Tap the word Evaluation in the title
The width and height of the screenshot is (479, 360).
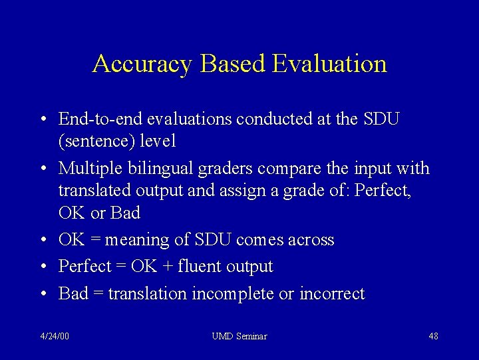pyautogui.click(x=328, y=64)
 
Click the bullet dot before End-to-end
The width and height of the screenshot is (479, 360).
pyautogui.click(x=42, y=120)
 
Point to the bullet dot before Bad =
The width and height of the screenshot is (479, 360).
pyautogui.click(x=42, y=294)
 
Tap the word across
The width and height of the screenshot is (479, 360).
pyautogui.click(x=311, y=240)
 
